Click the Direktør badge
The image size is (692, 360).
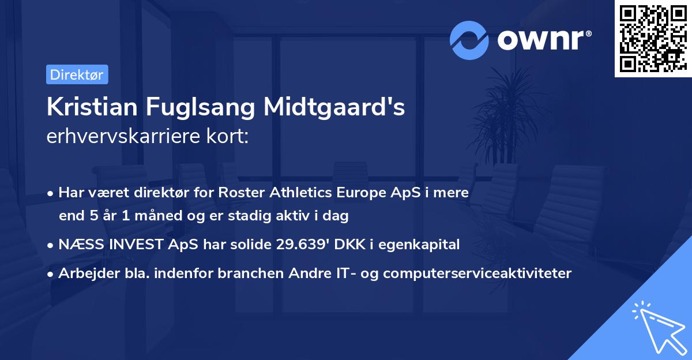coord(77,74)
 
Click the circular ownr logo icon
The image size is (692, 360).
coord(469,40)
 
